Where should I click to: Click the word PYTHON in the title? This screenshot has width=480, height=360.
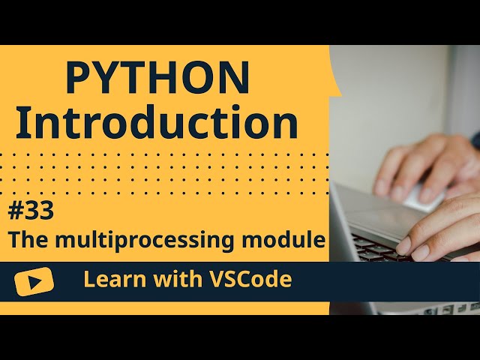157,78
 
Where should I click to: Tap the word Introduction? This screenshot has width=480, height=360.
157,123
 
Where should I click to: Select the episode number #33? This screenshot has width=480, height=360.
31,212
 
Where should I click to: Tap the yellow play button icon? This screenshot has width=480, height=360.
34,280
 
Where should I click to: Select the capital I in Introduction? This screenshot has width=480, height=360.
22,123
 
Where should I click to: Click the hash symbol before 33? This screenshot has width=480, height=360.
16,212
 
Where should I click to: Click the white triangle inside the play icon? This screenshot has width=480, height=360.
35,280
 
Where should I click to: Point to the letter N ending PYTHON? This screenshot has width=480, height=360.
236,78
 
